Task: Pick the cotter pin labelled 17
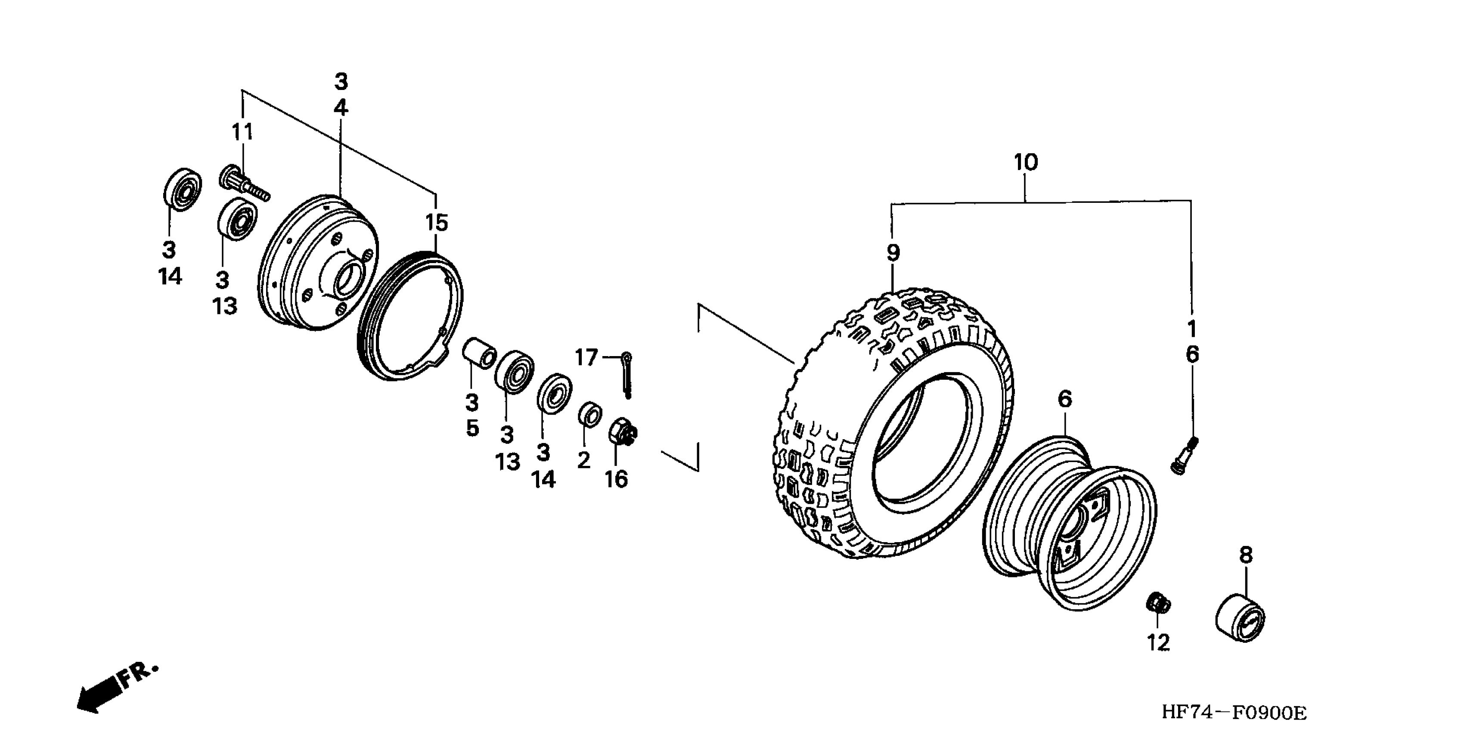[x=627, y=375]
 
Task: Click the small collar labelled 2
[x=589, y=414]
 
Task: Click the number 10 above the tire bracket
[x=1025, y=163]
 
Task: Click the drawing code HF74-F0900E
[x=1234, y=711]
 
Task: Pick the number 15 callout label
[x=437, y=223]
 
